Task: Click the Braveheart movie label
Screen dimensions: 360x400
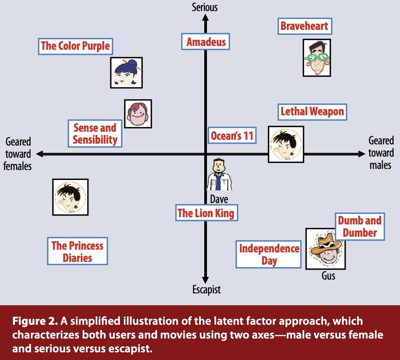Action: (304, 26)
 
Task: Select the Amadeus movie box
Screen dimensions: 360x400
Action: (206, 42)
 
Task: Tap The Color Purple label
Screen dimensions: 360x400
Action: (75, 46)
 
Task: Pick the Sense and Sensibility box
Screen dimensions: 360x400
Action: (95, 134)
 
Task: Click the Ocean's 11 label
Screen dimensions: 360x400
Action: (232, 136)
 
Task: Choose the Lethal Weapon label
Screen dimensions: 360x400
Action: (312, 112)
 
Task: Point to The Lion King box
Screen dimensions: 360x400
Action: (206, 213)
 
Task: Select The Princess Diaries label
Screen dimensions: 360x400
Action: (77, 251)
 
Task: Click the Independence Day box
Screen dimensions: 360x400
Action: (269, 255)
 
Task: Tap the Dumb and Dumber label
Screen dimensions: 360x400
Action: (359, 226)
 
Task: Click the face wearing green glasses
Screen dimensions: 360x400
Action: (316, 58)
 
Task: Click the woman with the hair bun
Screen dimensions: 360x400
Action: (126, 73)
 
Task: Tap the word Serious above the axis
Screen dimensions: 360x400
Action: (205, 7)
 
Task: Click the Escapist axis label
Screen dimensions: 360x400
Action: (207, 290)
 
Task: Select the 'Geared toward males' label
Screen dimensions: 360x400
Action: (381, 153)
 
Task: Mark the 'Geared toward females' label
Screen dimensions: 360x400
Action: (18, 154)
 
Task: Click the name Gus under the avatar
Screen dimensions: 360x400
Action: (328, 276)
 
